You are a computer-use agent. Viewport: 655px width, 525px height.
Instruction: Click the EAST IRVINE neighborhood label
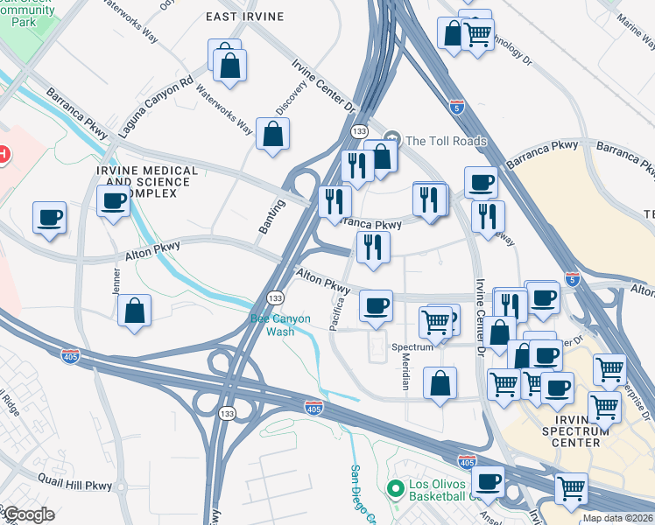pos(245,17)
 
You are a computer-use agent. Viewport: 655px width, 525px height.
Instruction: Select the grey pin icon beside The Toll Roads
pos(393,139)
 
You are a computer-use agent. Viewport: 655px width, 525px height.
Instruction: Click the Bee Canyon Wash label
pos(280,325)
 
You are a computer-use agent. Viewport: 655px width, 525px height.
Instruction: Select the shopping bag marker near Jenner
pos(134,311)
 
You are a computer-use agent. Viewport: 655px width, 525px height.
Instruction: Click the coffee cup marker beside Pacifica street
pos(377,305)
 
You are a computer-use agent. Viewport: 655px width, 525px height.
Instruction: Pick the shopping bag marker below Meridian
pos(440,382)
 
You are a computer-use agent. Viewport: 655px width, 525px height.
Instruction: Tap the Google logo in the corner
pos(28,514)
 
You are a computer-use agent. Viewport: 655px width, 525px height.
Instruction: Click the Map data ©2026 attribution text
pos(617,518)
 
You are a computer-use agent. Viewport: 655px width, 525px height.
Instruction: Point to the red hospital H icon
pos(4,154)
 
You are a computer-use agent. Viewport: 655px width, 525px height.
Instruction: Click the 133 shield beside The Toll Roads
pos(358,130)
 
